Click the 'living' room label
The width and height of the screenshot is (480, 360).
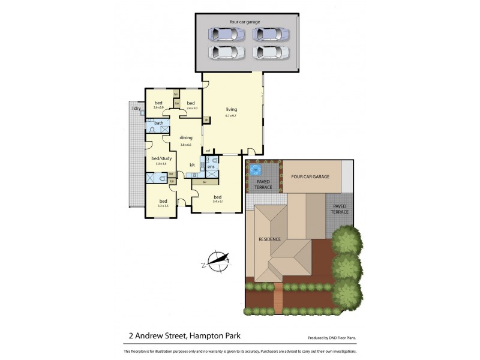232,109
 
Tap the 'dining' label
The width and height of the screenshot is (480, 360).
185,137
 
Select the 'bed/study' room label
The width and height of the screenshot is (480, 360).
161,158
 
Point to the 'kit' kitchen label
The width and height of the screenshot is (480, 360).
193,164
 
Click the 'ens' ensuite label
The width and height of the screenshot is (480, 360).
211,166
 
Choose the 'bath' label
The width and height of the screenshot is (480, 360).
158,123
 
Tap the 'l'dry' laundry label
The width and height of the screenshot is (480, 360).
136,108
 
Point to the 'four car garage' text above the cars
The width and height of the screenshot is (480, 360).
245,22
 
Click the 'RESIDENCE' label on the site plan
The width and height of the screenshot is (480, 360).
269,239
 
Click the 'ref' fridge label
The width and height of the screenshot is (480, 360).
208,150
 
